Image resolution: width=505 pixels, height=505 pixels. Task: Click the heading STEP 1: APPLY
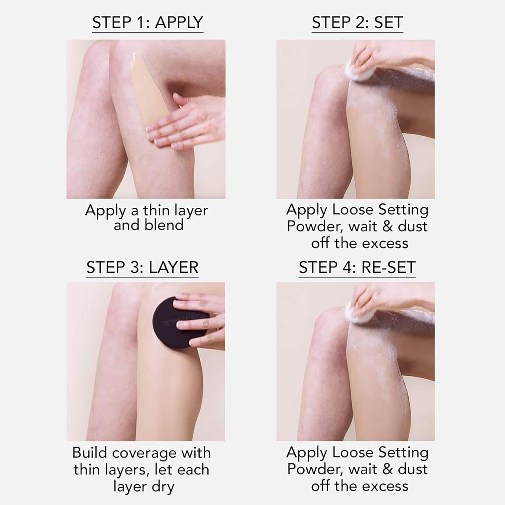(x=147, y=23)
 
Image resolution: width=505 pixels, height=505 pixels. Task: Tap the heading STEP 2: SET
(x=357, y=23)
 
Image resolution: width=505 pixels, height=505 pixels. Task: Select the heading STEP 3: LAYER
(x=142, y=267)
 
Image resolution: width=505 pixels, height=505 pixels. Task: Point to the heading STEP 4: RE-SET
(x=357, y=267)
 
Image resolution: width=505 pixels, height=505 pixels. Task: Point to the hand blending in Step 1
(x=189, y=125)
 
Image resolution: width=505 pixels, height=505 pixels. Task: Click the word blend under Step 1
(x=166, y=225)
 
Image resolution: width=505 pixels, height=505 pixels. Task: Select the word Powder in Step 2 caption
(x=315, y=226)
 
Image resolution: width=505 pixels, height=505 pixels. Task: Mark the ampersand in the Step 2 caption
(x=388, y=226)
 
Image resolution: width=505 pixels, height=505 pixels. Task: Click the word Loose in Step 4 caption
(x=352, y=452)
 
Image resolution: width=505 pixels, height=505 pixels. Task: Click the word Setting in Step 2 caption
(x=403, y=210)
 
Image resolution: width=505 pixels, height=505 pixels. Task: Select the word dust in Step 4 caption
(x=412, y=469)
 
